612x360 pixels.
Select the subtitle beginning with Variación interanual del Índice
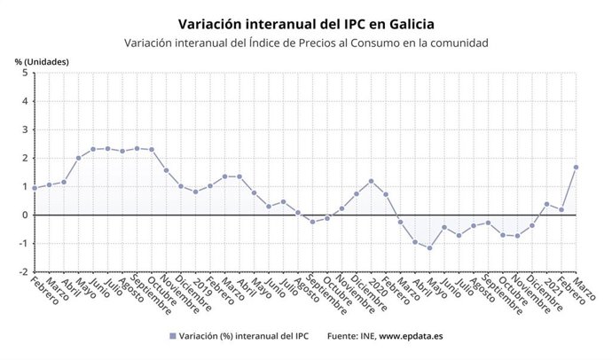(306, 43)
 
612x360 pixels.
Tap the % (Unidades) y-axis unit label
(42, 61)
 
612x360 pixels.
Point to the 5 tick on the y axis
(24, 74)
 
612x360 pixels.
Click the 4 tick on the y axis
(24, 102)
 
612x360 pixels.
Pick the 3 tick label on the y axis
(24, 130)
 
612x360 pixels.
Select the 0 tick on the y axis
(24, 215)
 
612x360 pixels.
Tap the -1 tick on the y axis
(22, 243)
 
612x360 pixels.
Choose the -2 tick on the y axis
(22, 271)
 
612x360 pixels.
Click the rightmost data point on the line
(577, 167)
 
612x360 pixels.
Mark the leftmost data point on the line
(35, 188)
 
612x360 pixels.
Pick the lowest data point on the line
(430, 247)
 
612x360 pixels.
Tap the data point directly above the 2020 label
(371, 181)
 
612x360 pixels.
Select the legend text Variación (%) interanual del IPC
(242, 337)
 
